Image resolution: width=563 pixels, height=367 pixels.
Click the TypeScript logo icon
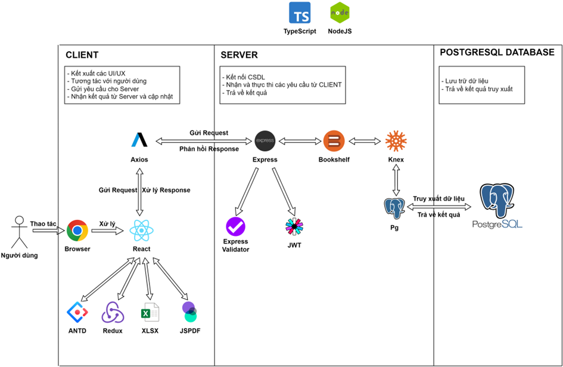[x=300, y=13]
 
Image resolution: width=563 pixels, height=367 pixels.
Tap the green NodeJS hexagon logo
[x=340, y=13]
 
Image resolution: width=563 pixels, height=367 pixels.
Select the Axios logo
[x=139, y=141]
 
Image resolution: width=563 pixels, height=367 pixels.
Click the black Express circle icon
[x=265, y=141]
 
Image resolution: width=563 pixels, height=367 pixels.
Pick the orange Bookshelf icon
[x=334, y=141]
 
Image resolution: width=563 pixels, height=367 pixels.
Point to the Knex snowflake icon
[x=396, y=141]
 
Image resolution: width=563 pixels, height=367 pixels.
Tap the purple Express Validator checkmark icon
[x=235, y=226]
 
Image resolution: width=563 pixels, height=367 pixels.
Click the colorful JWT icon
[x=294, y=226]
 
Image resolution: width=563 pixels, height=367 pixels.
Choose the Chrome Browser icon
[x=77, y=231]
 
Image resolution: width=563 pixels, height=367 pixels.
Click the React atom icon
[x=141, y=231]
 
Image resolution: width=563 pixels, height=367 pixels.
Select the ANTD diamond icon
[x=77, y=312]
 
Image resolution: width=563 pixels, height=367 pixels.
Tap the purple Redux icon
[x=113, y=312]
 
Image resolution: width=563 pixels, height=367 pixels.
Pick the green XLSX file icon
[x=150, y=312]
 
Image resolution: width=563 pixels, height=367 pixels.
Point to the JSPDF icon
[x=189, y=312]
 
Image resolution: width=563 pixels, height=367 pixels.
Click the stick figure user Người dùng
[x=20, y=232]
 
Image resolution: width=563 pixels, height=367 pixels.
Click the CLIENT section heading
[x=82, y=55]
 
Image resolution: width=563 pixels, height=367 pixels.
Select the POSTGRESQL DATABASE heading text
[x=497, y=52]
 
